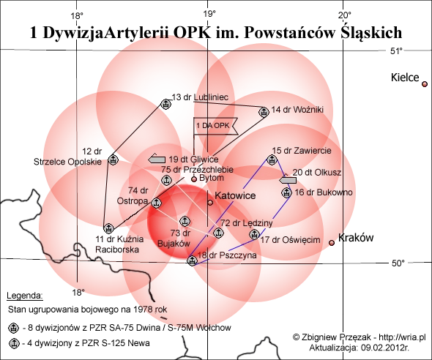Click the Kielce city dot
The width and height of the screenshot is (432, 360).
(425, 84)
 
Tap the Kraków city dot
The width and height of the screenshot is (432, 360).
(332, 243)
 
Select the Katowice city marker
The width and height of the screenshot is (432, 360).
(210, 203)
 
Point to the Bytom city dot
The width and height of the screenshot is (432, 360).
(194, 179)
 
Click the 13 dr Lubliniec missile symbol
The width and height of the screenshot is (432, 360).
(166, 104)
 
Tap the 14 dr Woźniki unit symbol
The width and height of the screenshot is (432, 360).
(264, 112)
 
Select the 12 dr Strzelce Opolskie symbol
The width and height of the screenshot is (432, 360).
(113, 160)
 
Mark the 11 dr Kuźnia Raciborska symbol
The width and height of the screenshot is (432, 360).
(108, 228)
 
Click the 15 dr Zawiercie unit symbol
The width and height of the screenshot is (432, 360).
(272, 160)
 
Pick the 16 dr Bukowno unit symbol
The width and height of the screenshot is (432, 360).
(286, 192)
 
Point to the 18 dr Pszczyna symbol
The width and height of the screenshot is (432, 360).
(192, 260)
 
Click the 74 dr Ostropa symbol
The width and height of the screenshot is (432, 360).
(156, 203)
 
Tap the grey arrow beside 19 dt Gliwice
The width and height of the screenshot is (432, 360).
(157, 159)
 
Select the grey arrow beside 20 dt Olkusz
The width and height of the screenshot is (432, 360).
(288, 180)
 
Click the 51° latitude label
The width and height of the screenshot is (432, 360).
(396, 51)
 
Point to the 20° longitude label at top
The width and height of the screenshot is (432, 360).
(345, 15)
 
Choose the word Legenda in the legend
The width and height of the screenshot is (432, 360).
(25, 296)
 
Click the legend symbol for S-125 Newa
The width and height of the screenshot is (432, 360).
(14, 343)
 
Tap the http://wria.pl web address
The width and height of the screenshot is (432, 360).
(403, 337)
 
